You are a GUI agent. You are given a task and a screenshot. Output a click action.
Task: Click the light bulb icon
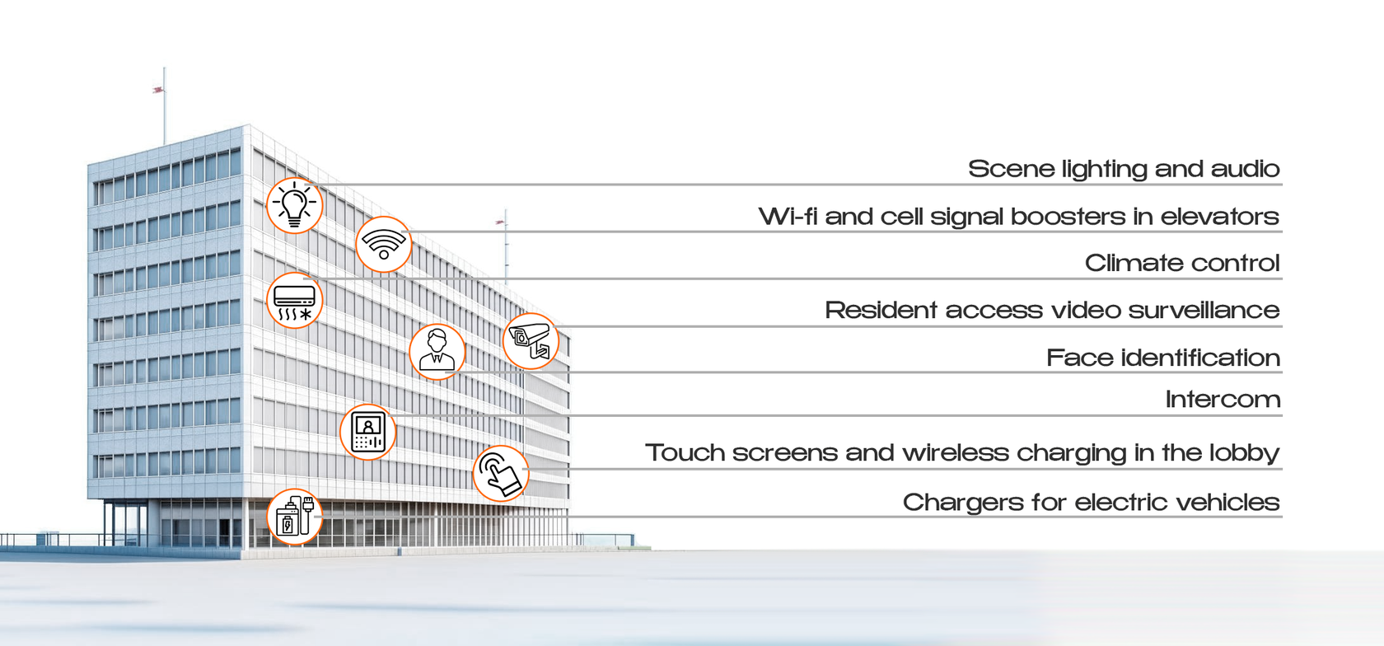pos(295,206)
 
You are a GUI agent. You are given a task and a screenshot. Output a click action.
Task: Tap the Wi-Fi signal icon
pos(384,245)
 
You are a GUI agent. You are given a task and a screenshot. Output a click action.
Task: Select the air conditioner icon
pos(295,301)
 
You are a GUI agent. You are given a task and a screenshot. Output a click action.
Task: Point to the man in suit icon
pos(437,352)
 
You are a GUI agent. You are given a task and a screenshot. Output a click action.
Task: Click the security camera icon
pos(531,341)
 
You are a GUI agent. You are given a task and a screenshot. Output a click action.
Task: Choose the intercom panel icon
pos(368,432)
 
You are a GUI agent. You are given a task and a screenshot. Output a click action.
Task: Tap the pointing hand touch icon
pos(501,474)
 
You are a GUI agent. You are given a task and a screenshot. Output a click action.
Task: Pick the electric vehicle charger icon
pos(295,517)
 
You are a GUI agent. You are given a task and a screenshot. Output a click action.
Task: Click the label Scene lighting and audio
pos(1124,169)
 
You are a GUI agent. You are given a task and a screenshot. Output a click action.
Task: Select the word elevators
pos(1219,217)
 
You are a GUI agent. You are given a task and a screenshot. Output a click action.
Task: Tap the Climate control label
pos(1182,264)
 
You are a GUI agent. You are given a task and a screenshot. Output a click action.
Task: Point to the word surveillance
pos(1204,311)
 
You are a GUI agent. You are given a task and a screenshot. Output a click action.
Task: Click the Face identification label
pos(1163,358)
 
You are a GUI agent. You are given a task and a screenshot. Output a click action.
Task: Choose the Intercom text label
pos(1223,400)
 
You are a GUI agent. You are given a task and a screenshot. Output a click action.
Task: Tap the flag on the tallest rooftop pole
pos(158,91)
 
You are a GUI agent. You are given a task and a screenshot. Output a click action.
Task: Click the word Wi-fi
pos(788,217)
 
